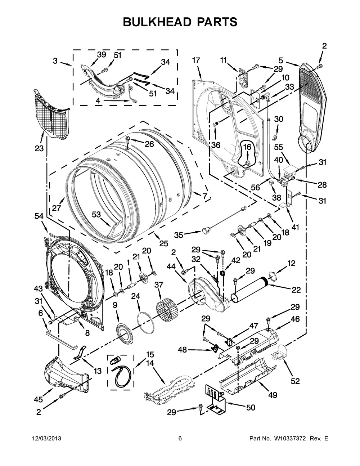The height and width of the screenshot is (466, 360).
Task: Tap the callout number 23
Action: point(39,148)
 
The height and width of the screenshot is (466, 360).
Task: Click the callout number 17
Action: point(196,61)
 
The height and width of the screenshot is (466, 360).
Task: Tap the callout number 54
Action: point(39,216)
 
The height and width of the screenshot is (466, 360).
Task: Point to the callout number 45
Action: point(39,399)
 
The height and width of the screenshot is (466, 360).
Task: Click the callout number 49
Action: point(273,395)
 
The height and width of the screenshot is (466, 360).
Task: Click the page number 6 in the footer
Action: point(180,439)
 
